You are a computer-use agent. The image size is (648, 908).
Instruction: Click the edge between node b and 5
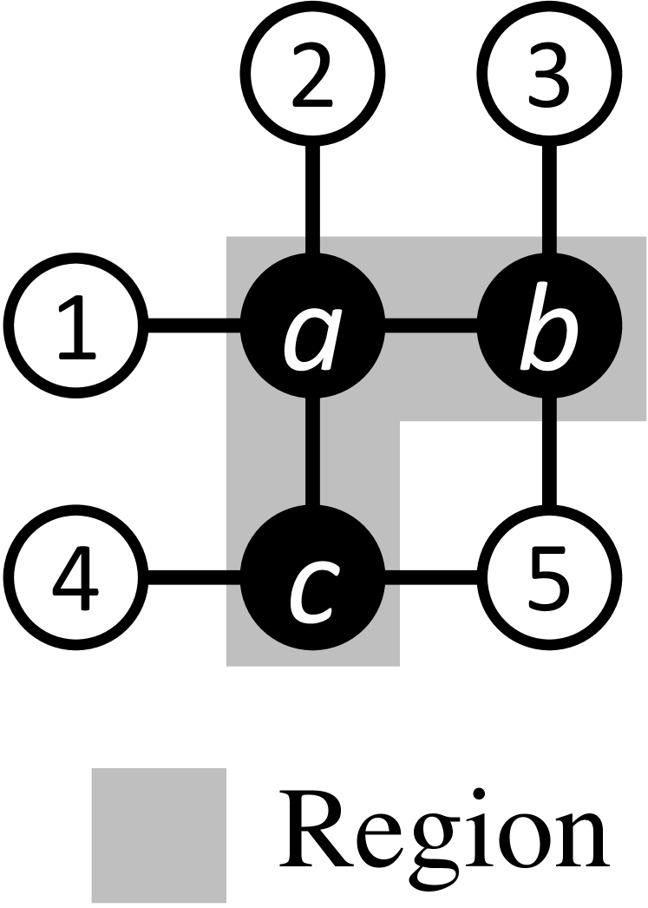pyautogui.click(x=546, y=451)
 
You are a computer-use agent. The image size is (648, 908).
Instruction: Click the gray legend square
pyautogui.click(x=159, y=834)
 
